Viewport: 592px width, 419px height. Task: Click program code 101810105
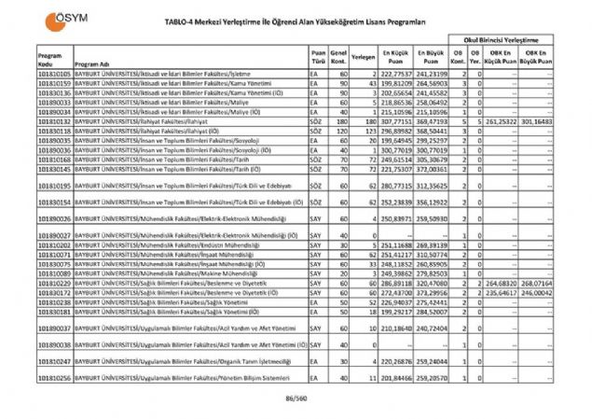tap(54, 72)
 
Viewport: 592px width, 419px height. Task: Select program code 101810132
tap(54, 121)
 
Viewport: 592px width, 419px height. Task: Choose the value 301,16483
tap(552, 121)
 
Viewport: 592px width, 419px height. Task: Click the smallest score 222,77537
tap(397, 72)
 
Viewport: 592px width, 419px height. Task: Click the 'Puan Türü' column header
tap(319, 57)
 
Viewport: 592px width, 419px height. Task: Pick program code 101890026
tap(54, 217)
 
